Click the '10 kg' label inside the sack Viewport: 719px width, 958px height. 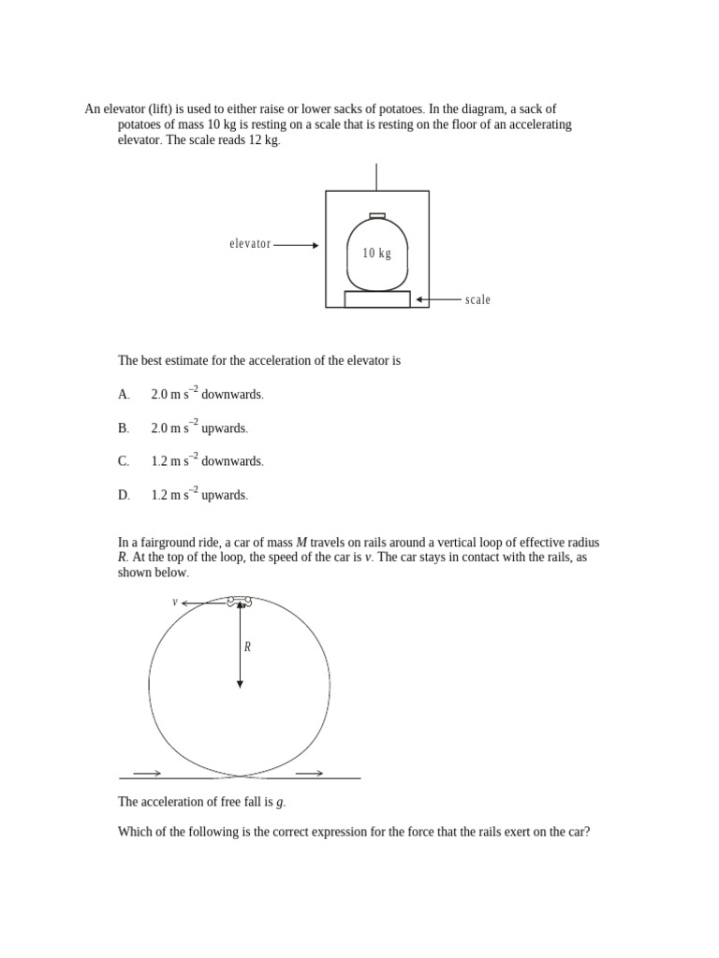click(376, 254)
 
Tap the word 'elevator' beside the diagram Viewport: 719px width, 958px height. click(250, 244)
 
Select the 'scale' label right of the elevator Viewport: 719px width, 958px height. click(477, 300)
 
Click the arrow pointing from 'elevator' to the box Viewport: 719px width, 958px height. click(296, 245)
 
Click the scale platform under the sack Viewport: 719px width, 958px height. click(377, 299)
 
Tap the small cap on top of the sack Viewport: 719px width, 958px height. click(377, 215)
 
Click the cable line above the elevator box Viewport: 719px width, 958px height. click(376, 177)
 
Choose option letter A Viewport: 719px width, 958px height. click(124, 395)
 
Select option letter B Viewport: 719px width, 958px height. click(124, 428)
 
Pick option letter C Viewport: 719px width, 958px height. click(124, 461)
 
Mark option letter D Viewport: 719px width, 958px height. click(124, 495)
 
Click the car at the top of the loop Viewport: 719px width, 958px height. click(240, 602)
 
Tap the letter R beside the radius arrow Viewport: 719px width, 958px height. click(247, 646)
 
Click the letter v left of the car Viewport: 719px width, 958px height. click(175, 602)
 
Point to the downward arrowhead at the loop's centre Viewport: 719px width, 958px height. click(240, 684)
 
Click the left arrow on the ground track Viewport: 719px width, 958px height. click(148, 773)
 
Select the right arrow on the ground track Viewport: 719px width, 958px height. click(310, 773)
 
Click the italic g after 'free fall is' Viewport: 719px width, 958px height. click(280, 803)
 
